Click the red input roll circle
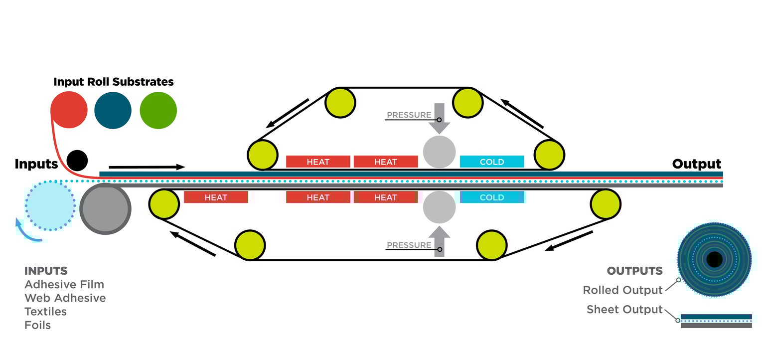click(x=69, y=110)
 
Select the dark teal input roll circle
click(x=113, y=110)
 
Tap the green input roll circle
click(x=158, y=110)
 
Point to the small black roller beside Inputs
click(x=77, y=161)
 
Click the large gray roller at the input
click(x=105, y=208)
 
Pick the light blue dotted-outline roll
click(x=49, y=205)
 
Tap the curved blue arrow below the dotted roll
click(x=25, y=233)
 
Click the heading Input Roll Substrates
click(x=114, y=82)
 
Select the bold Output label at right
click(x=696, y=164)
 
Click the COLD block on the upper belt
click(x=491, y=162)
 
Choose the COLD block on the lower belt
click(x=491, y=197)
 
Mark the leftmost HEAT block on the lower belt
click(x=216, y=197)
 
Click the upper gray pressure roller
click(x=439, y=152)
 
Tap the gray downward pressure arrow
click(x=439, y=118)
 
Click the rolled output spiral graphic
click(x=714, y=259)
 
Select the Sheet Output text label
click(x=624, y=310)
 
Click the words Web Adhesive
click(x=65, y=298)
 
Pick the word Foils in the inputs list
click(x=38, y=326)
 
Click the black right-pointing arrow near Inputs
click(x=147, y=167)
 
